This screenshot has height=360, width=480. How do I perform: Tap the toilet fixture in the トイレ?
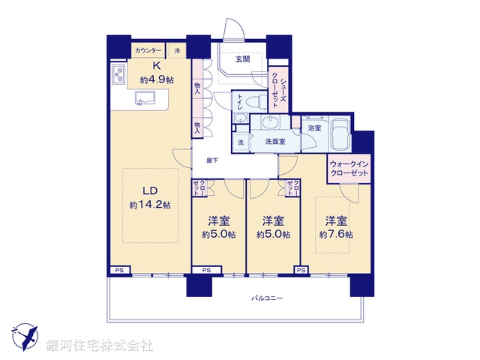(x=254, y=102)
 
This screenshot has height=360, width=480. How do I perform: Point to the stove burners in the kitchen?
(x=119, y=76)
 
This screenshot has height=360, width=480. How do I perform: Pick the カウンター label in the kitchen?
(x=148, y=50)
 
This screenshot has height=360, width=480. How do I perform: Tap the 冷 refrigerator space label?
(x=177, y=50)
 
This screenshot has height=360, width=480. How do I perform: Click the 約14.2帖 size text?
(x=150, y=205)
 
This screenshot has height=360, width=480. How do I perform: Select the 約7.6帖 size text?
(x=336, y=234)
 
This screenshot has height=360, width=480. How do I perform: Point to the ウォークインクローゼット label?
(x=349, y=169)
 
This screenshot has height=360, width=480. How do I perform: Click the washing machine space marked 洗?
(x=241, y=142)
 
